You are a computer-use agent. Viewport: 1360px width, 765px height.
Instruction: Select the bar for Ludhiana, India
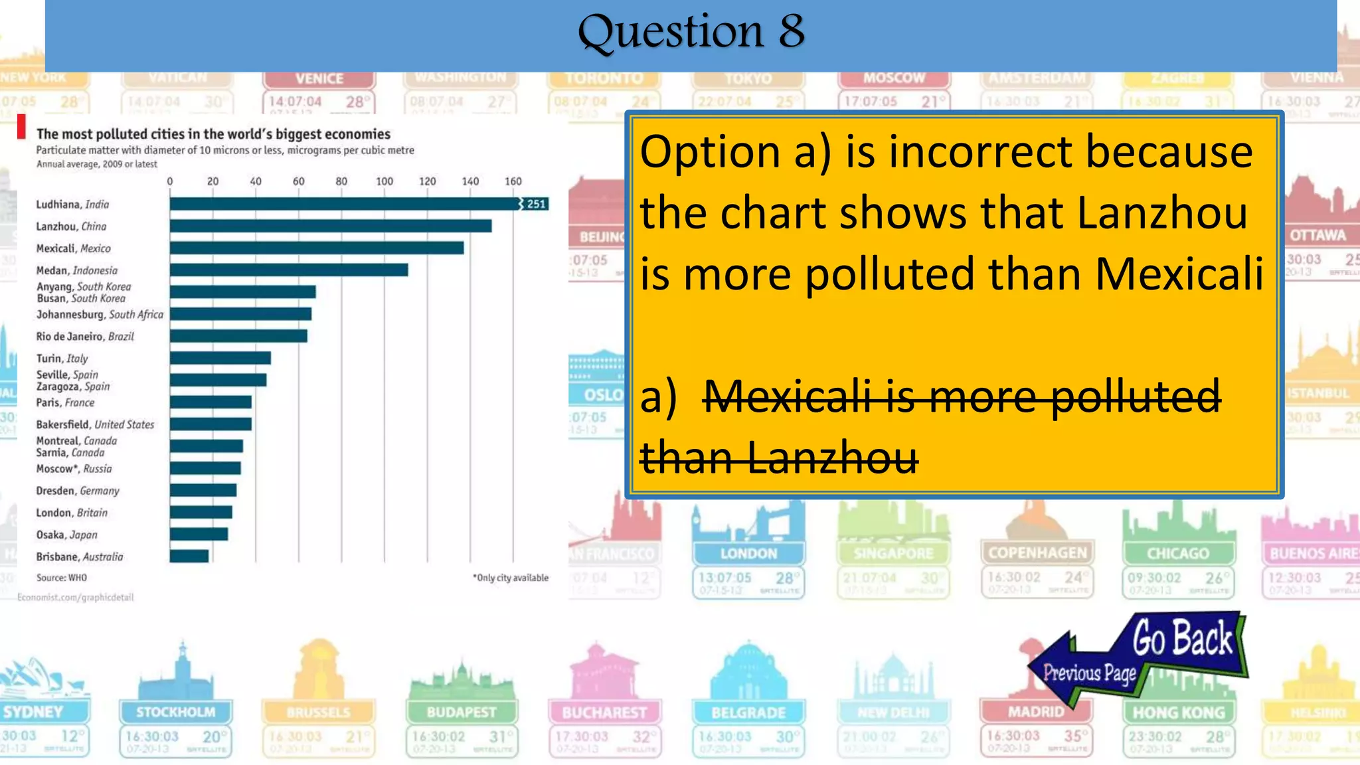tap(345, 204)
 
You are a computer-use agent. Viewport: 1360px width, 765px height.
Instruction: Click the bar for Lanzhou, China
tap(330, 226)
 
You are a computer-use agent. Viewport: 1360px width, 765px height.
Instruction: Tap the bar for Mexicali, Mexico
tap(316, 248)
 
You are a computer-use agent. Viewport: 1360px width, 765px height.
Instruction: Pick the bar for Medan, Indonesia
tap(288, 270)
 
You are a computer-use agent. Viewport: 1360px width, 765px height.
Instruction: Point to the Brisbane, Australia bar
tap(189, 556)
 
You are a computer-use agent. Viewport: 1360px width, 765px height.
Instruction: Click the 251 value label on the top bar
tap(536, 204)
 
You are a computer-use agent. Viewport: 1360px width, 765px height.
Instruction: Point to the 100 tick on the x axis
tap(384, 181)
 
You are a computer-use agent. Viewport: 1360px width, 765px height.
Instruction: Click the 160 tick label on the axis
tap(513, 181)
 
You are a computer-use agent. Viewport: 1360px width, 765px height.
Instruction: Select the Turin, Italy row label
tap(62, 359)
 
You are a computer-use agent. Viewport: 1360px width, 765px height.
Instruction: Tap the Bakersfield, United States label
tap(95, 424)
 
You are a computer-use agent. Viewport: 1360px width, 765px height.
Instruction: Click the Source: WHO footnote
tap(61, 578)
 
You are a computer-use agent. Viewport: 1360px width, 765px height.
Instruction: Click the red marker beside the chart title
tap(21, 127)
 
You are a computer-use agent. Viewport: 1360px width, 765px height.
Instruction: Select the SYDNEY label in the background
tap(33, 712)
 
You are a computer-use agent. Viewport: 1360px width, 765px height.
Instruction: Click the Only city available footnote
tap(511, 578)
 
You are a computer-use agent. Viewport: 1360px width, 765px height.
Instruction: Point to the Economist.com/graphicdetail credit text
tap(75, 598)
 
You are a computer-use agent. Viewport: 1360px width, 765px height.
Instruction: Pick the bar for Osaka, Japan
tap(199, 534)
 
